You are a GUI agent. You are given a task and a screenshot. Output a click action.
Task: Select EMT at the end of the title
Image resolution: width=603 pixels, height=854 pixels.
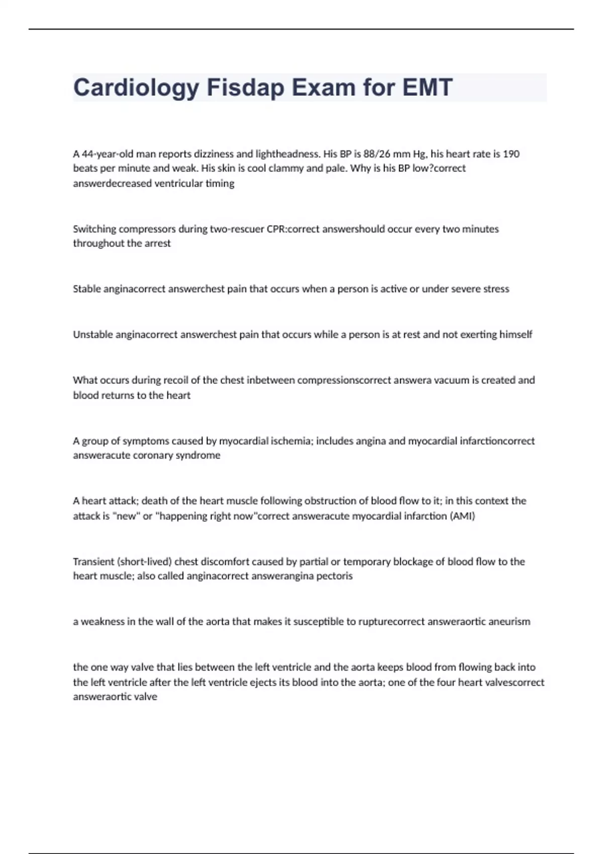pos(428,87)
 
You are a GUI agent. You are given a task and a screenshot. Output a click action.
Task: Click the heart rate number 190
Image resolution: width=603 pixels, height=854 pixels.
pos(511,154)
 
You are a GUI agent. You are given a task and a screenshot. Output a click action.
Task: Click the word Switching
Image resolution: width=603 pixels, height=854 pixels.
pos(94,229)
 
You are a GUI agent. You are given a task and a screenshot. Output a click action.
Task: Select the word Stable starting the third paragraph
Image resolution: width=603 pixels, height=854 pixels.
pos(87,289)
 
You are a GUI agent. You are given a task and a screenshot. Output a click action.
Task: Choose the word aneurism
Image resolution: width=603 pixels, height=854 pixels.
pos(510,622)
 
